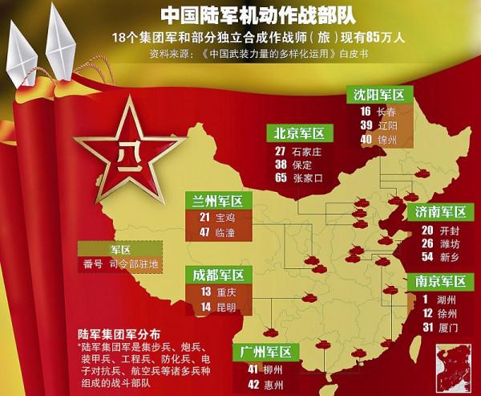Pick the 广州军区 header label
coord(267,352)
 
